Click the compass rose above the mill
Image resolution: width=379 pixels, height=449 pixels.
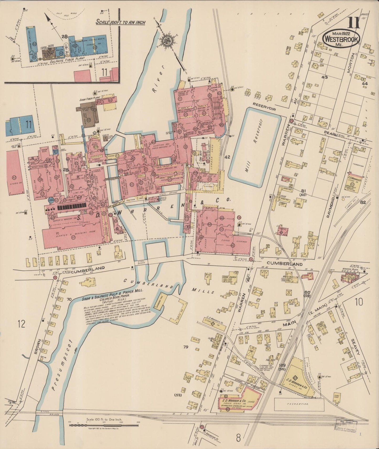(166, 40)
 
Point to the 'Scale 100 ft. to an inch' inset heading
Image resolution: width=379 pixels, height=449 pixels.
(120, 22)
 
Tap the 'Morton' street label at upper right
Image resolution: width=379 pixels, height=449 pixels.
(353, 64)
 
